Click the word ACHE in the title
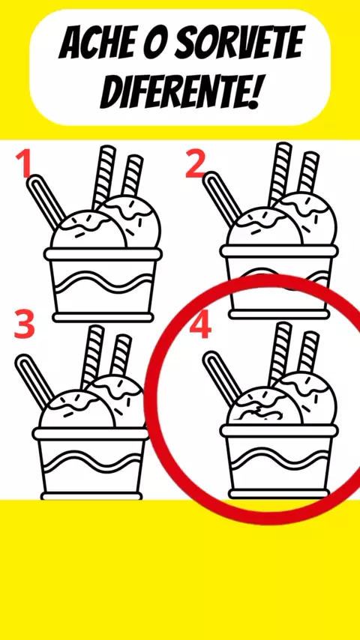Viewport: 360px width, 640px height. tap(97, 43)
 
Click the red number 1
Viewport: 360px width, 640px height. tap(25, 163)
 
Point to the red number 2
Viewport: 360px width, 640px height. tap(195, 163)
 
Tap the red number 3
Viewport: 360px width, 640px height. tap(24, 324)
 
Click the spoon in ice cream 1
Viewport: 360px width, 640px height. tap(46, 202)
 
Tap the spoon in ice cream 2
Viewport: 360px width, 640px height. tap(223, 199)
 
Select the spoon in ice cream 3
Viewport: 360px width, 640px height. tap(34, 381)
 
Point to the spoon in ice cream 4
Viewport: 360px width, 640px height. tap(223, 378)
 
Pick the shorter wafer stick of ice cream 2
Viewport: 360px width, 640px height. tap(308, 172)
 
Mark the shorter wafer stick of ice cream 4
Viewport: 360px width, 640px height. tap(308, 351)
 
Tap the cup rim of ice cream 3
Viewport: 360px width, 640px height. tap(91, 433)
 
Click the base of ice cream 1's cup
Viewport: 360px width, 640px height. tap(103, 317)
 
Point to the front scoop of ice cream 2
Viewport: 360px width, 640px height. tap(265, 226)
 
